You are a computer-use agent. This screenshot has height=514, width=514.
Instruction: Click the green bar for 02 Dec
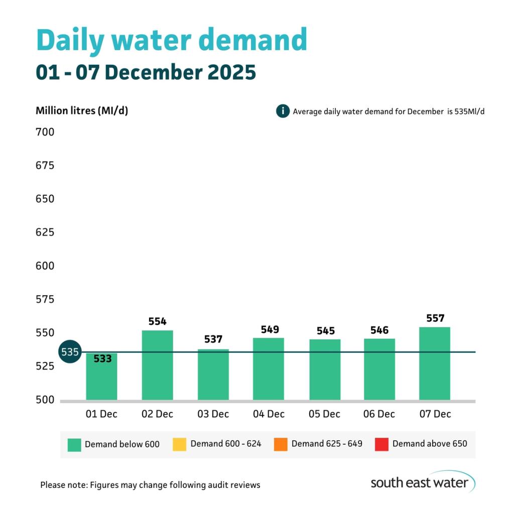point(157,365)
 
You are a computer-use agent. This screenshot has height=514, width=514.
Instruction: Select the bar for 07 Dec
point(435,363)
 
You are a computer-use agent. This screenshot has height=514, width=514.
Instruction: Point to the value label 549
point(270,330)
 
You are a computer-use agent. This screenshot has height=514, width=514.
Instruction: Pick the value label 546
point(379,330)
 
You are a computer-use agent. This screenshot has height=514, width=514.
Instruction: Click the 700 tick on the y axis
point(45,133)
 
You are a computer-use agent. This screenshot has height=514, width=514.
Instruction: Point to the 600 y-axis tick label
point(45,266)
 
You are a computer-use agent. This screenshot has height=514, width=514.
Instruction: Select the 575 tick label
point(45,300)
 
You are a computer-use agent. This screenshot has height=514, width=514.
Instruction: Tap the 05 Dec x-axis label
point(324,414)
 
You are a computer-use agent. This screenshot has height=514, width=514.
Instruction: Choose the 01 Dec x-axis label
point(102,414)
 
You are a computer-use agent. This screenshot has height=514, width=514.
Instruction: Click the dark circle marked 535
point(70,352)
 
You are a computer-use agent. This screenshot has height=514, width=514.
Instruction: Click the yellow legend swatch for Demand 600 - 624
point(179,444)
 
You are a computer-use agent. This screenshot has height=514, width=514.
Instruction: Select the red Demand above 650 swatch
point(381,444)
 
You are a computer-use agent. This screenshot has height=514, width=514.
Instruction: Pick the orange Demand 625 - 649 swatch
point(281,444)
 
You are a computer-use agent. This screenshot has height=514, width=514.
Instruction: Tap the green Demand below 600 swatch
point(74,444)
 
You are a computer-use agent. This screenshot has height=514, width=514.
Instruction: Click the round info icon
point(283,111)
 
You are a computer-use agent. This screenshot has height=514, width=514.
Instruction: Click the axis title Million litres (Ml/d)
point(82,111)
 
